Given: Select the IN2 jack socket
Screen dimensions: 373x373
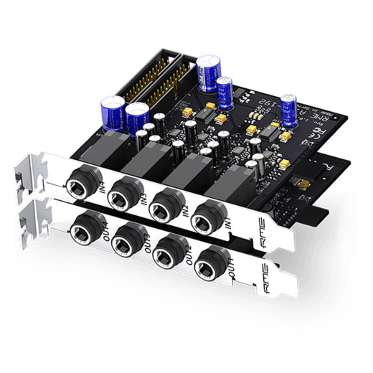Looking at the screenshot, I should [166, 204].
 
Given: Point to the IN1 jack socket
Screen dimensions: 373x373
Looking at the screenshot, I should [209, 216].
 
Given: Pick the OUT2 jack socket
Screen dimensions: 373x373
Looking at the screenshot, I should [171, 250].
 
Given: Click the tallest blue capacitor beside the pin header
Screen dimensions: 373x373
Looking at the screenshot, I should [208, 73].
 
